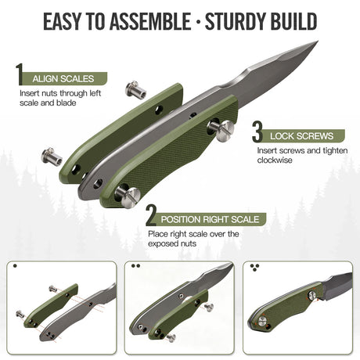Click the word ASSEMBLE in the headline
coord(150,21)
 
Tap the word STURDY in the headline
coord(232,21)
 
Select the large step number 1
coord(20,74)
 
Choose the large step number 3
coord(257,132)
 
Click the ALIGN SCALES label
coord(63,79)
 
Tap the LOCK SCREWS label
coord(301,136)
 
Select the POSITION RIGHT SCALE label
coord(210,219)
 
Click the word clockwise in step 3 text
coord(275,160)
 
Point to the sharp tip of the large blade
coord(318,41)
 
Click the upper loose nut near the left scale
coord(135,89)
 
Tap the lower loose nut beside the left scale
coord(52,156)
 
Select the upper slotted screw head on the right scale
coord(225,131)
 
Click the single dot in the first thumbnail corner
coord(15,266)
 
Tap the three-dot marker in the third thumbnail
coord(254,268)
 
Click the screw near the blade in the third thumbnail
coord(312,295)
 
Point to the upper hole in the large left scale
coord(159,110)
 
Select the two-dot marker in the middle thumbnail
coord(136,266)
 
